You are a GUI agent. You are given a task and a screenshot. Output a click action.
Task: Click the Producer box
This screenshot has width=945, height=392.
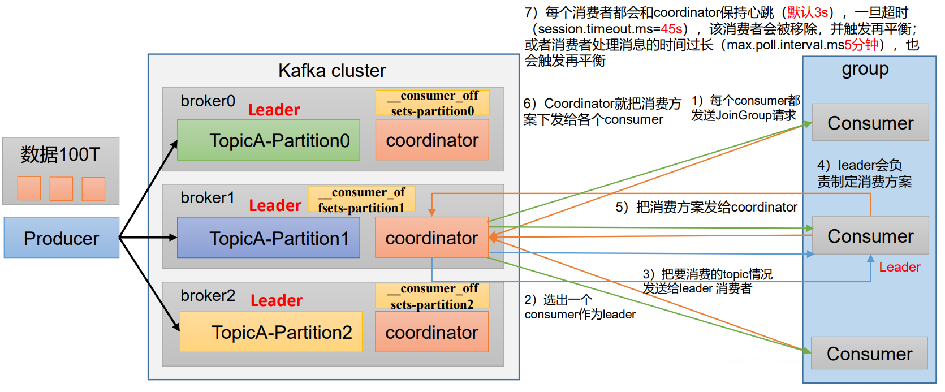(62, 238)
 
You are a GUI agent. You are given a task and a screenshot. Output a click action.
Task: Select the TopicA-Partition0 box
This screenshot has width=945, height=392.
(269, 140)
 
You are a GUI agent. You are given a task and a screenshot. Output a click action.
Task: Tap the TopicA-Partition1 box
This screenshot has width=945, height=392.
(269, 238)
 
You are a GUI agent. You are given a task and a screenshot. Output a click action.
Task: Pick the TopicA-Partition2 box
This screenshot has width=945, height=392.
(271, 331)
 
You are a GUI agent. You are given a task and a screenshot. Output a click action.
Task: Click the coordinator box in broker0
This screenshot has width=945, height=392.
(433, 140)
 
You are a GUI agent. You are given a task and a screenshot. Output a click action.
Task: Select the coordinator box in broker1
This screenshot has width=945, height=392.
(432, 238)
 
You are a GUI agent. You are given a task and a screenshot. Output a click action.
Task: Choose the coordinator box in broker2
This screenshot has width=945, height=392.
(432, 331)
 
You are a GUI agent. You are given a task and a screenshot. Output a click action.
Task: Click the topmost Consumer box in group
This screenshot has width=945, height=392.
(870, 122)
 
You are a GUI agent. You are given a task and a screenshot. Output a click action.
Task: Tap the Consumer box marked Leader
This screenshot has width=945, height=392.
(870, 235)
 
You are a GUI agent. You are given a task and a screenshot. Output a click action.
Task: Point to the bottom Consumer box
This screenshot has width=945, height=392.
(869, 353)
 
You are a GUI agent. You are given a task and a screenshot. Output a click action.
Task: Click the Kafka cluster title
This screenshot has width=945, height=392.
(332, 71)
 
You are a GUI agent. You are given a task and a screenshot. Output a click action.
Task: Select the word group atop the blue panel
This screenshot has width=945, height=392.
(865, 70)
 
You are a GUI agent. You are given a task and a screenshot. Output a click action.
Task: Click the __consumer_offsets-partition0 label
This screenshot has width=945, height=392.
(433, 103)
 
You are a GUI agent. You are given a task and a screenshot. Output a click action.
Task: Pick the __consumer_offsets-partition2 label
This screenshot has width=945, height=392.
(433, 296)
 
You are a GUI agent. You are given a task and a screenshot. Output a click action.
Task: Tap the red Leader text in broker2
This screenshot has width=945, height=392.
(277, 300)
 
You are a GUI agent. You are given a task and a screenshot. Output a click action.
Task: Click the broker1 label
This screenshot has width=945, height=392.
(208, 197)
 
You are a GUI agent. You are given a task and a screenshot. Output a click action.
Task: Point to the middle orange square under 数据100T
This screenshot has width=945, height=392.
(61, 188)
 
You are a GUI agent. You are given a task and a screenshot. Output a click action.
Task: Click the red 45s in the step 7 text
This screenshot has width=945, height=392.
(672, 29)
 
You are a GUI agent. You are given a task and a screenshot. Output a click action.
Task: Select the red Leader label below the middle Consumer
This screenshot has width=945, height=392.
(899, 267)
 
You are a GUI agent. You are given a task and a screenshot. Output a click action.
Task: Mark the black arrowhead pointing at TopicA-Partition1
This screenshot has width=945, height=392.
(173, 238)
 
